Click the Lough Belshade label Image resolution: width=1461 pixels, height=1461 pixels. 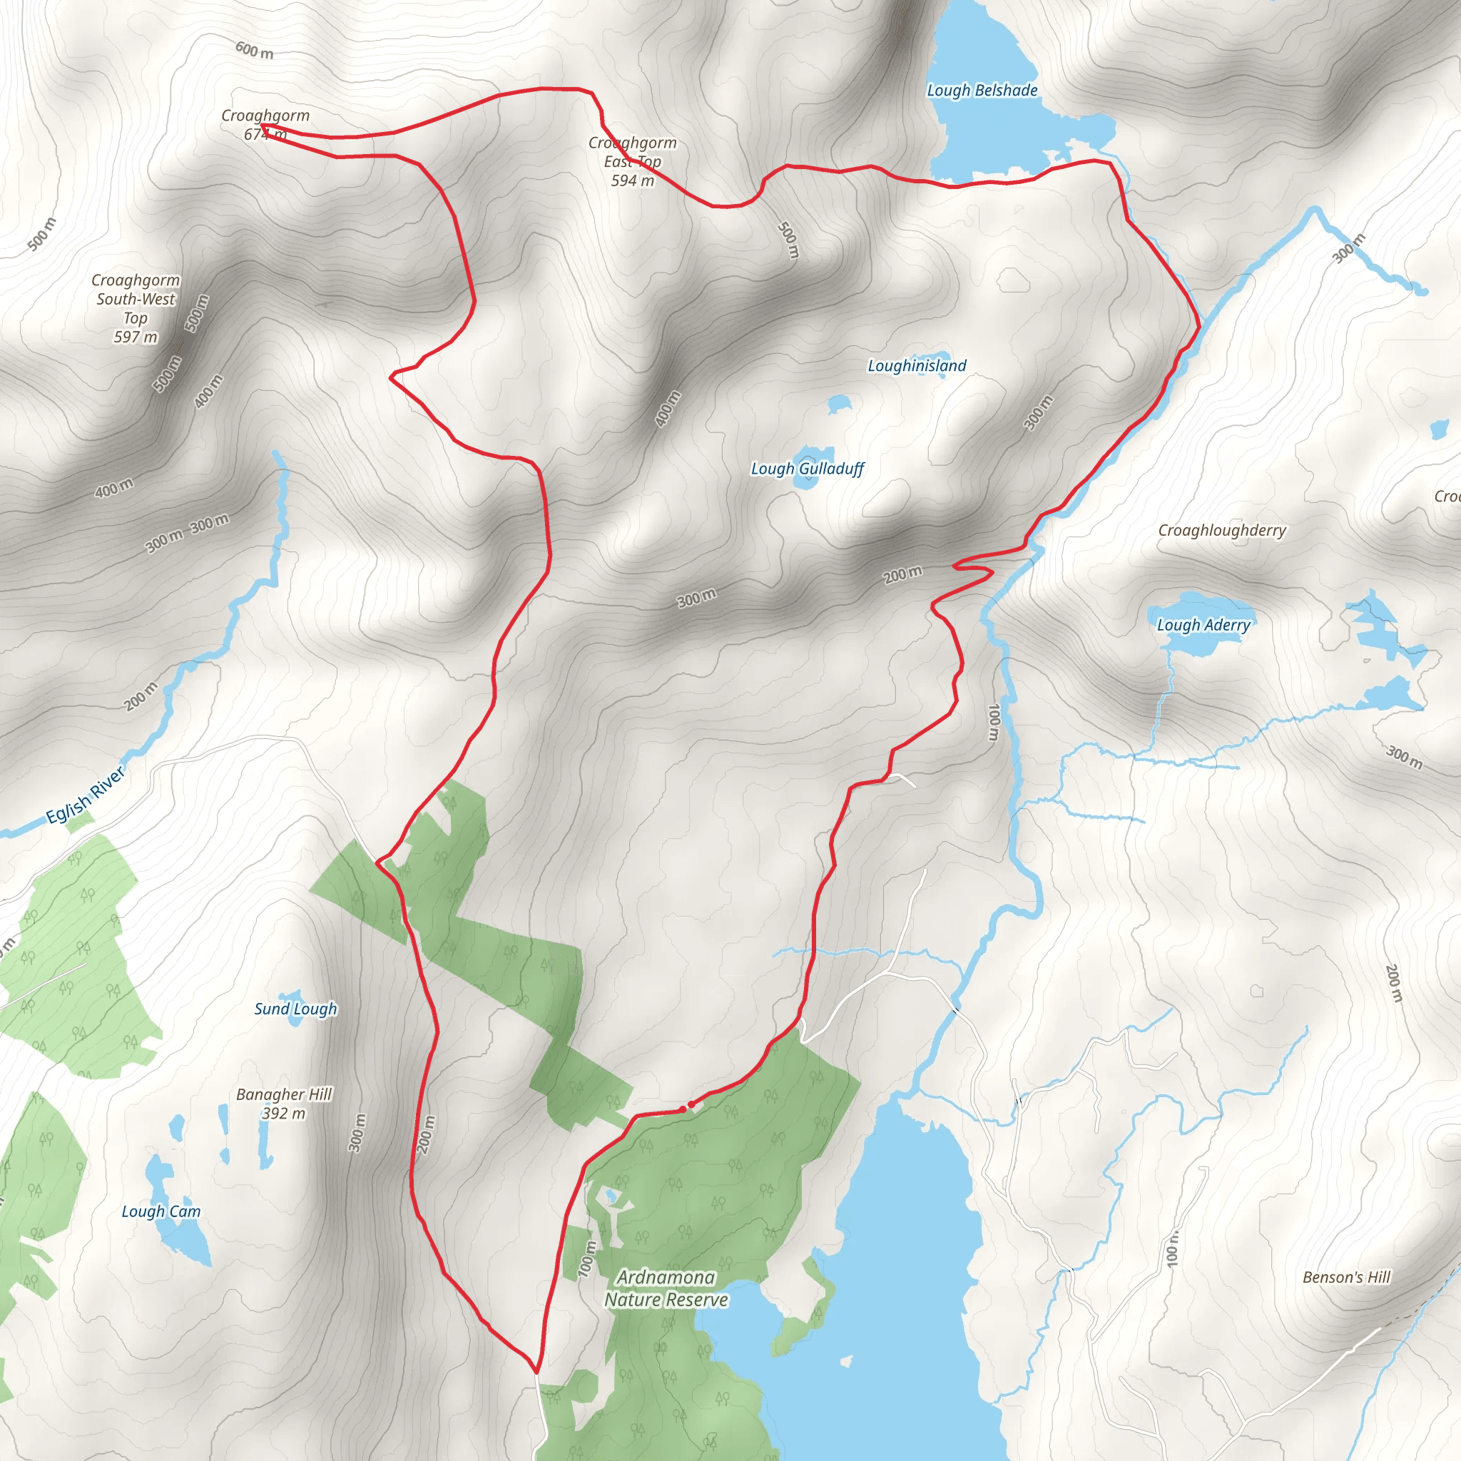click(982, 91)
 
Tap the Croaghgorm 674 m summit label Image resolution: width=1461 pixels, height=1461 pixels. click(265, 125)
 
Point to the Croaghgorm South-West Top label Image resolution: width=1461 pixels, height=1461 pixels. click(136, 307)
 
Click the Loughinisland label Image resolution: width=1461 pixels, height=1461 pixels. click(917, 366)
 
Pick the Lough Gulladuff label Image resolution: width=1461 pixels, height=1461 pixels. click(807, 469)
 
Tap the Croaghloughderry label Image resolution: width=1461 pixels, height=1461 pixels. click(1221, 530)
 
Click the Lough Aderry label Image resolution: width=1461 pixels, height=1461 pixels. click(1203, 626)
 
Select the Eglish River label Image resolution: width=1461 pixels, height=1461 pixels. click(86, 795)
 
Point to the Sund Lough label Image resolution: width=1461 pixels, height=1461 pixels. click(295, 1009)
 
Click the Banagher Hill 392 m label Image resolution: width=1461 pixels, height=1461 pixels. click(284, 1104)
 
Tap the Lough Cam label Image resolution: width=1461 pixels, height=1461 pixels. click(161, 1211)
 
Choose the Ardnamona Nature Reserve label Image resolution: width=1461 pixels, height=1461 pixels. click(666, 1288)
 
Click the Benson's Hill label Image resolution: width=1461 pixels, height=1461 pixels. click(1346, 1277)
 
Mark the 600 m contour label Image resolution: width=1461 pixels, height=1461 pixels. click(254, 51)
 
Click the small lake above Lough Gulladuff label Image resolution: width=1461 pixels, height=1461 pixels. click(839, 404)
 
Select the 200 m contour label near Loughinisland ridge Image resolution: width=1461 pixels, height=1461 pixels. click(903, 575)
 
